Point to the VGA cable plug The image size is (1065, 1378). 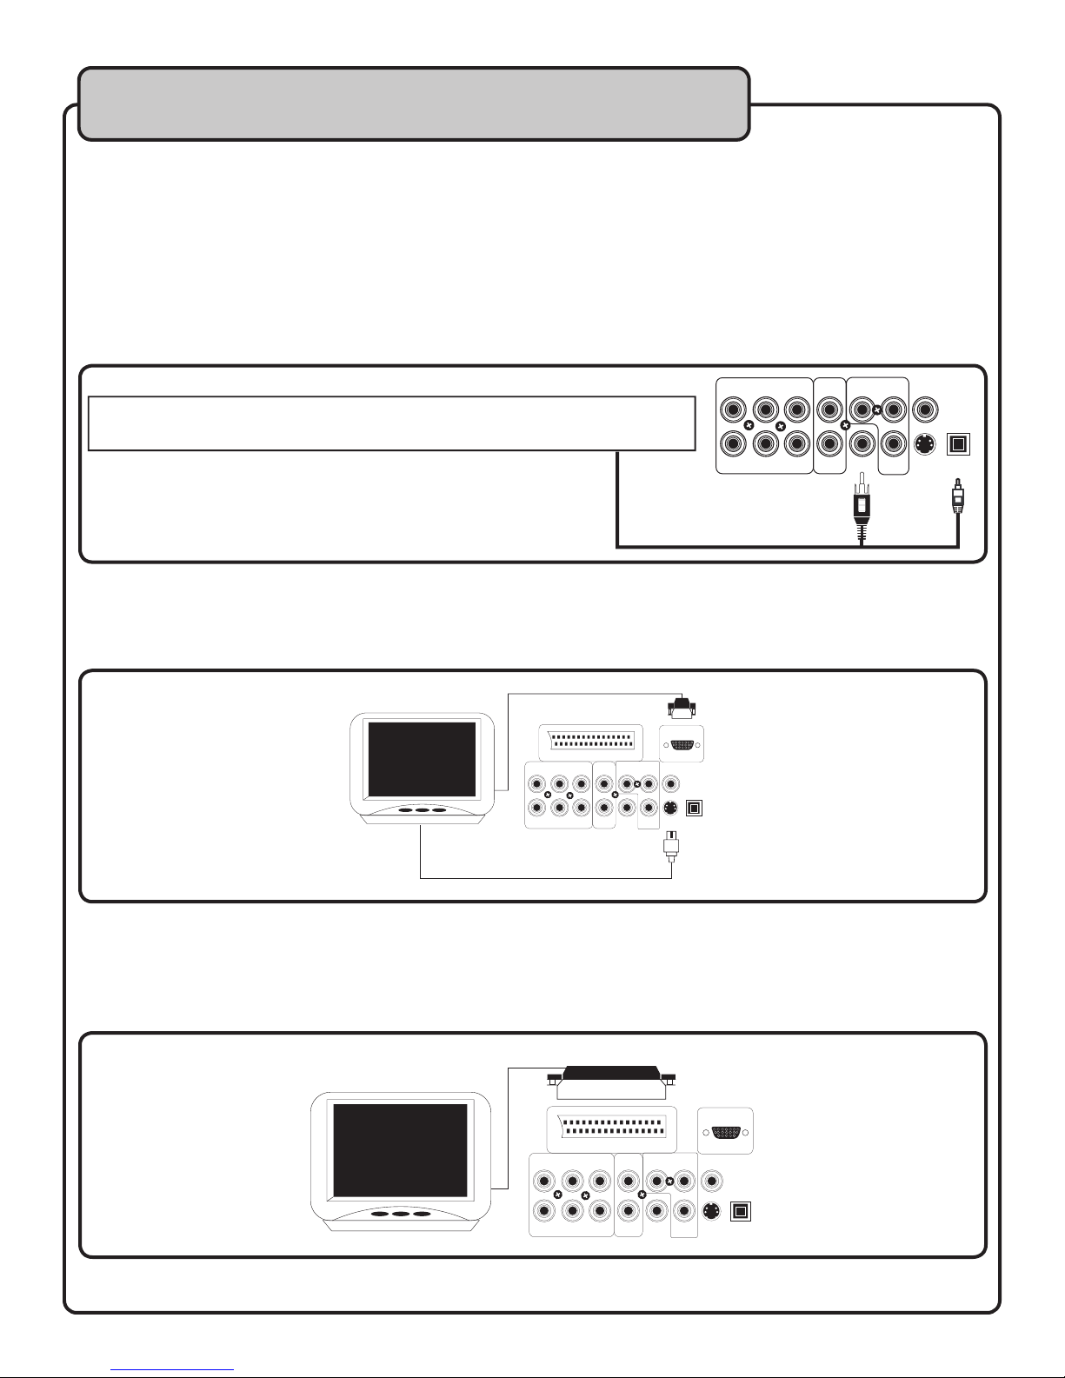[681, 709]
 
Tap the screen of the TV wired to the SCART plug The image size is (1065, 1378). [400, 1149]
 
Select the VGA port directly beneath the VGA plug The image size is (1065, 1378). [681, 744]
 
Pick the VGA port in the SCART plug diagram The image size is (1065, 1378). [725, 1132]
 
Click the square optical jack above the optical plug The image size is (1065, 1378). [956, 444]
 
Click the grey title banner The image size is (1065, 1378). [414, 103]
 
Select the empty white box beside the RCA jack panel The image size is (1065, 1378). [391, 423]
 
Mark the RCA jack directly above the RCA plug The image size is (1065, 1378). [861, 443]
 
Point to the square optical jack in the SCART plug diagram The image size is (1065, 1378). [739, 1211]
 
